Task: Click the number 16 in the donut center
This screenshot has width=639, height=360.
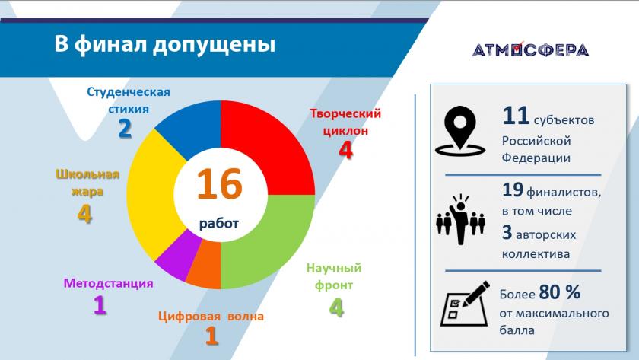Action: coord(220,184)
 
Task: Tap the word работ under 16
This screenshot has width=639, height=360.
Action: coord(219,224)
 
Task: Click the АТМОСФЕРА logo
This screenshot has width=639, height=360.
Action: coord(531,49)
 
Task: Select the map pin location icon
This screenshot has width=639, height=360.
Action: coord(460,131)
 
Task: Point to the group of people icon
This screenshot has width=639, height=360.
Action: coord(460,219)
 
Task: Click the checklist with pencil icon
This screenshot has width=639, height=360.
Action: coord(465,304)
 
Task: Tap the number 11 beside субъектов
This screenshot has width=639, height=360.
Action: coord(516,116)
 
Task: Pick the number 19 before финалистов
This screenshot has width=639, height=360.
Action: coord(513,190)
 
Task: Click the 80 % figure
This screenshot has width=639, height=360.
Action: coord(560,292)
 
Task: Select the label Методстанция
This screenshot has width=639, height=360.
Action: coord(108,283)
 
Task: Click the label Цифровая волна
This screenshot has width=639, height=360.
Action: coord(211,317)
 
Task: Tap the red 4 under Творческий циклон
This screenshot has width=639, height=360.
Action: coord(345,150)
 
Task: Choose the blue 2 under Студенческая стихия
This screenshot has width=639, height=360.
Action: coord(125,129)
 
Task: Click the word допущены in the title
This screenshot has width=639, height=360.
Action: coord(215,44)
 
